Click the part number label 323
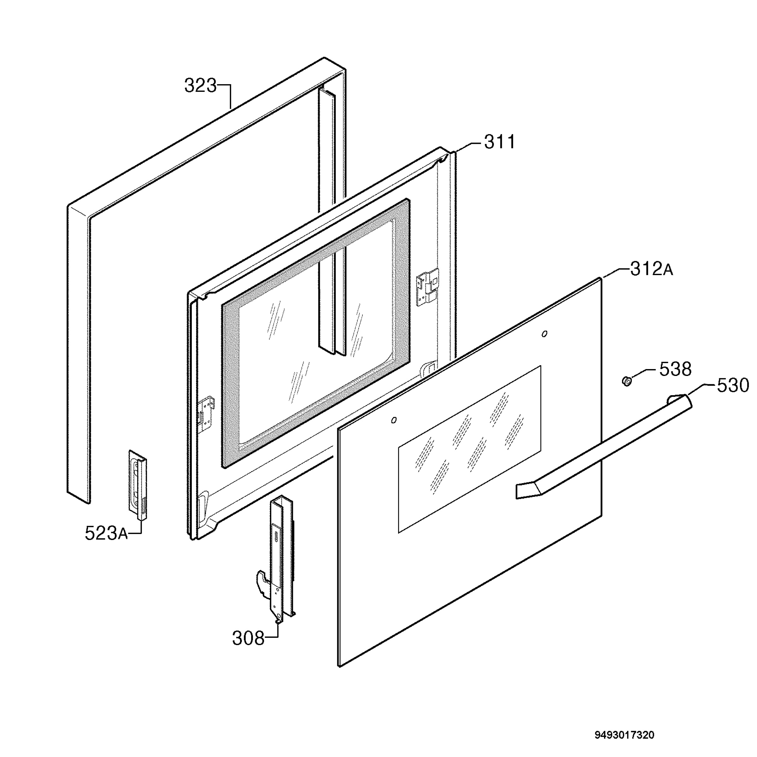pyautogui.click(x=200, y=86)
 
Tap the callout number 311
pyautogui.click(x=500, y=142)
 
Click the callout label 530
pyautogui.click(x=733, y=385)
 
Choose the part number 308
pyautogui.click(x=249, y=638)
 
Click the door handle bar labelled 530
pyautogui.click(x=603, y=446)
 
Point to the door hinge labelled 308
pyautogui.click(x=276, y=559)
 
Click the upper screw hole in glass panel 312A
pyautogui.click(x=544, y=334)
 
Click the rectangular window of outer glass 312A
pyautogui.click(x=469, y=449)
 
